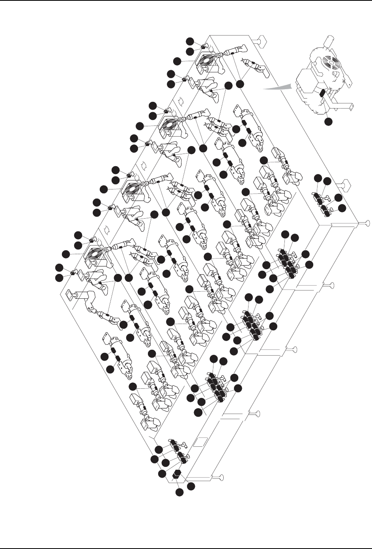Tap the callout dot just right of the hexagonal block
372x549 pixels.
click(x=192, y=486)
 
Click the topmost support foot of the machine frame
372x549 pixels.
click(x=260, y=39)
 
